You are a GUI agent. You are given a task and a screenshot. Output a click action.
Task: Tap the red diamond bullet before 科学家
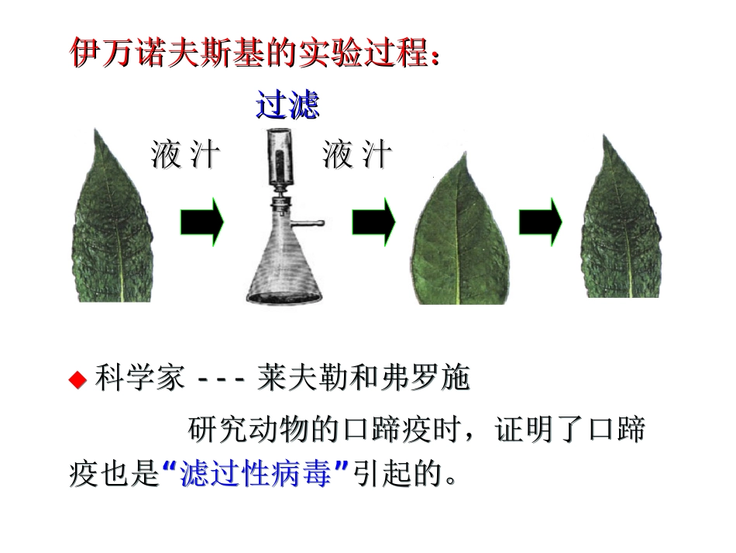(x=77, y=380)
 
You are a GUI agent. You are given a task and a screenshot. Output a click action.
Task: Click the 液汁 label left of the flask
(x=185, y=155)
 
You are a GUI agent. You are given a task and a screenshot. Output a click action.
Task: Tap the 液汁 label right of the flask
(x=357, y=155)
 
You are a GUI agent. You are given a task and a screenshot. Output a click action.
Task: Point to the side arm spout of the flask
(x=310, y=225)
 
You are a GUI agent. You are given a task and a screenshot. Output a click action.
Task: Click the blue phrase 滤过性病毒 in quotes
(x=259, y=474)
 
